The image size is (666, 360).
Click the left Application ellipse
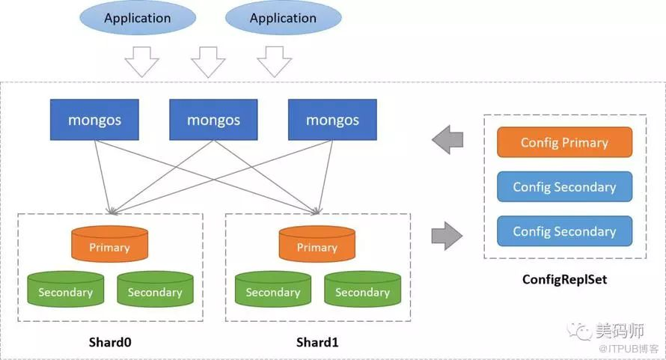(x=137, y=18)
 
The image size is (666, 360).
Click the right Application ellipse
(x=283, y=18)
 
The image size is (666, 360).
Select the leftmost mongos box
(x=94, y=120)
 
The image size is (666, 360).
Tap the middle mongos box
(x=213, y=120)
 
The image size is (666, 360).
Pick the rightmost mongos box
(x=332, y=120)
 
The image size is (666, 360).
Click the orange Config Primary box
(x=564, y=142)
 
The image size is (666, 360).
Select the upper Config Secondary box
(x=564, y=187)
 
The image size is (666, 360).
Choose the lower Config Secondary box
(x=564, y=231)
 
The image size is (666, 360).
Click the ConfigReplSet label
(x=564, y=281)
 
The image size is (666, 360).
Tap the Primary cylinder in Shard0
(x=109, y=245)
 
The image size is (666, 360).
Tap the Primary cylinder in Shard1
(x=317, y=245)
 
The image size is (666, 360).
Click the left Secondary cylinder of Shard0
(x=65, y=290)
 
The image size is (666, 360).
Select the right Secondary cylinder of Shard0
(x=155, y=290)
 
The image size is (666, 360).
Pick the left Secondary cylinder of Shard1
(x=272, y=290)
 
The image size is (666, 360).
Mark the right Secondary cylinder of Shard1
(x=362, y=290)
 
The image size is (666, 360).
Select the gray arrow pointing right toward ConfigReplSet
(x=447, y=235)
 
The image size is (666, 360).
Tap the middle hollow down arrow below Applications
(x=208, y=62)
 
